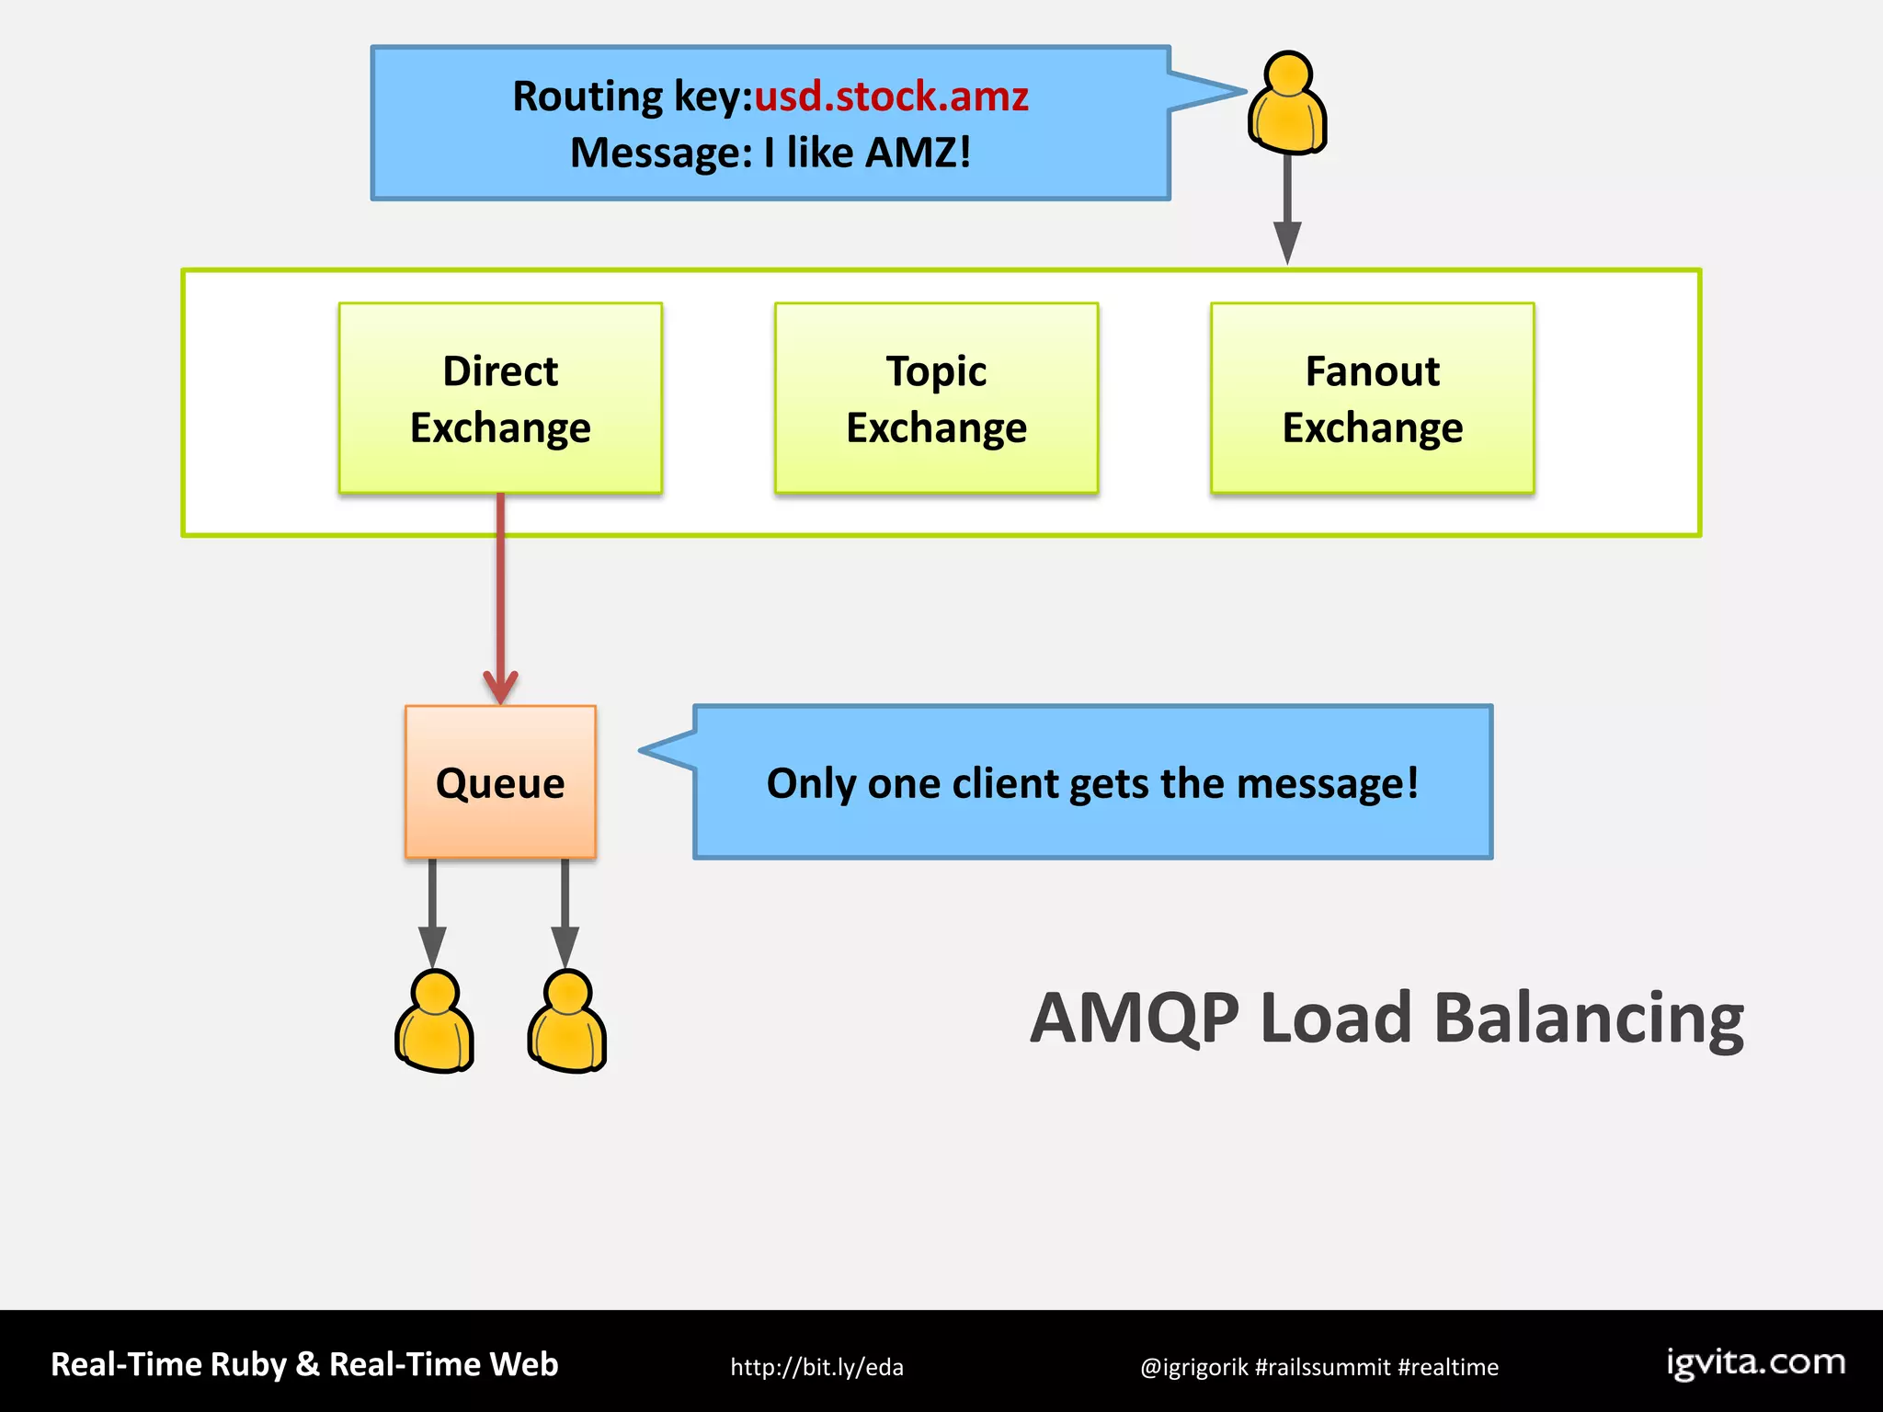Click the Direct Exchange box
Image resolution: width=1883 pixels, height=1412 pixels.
(500, 398)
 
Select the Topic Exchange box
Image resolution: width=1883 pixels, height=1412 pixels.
(936, 398)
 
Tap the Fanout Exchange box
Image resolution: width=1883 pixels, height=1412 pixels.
(1372, 398)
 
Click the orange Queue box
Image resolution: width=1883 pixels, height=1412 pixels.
(500, 782)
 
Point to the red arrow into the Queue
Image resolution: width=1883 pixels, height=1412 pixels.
(500, 598)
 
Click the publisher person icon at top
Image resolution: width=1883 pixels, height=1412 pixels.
(1287, 103)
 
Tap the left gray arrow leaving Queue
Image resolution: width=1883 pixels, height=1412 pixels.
(432, 910)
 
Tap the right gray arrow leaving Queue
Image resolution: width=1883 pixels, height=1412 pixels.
(565, 910)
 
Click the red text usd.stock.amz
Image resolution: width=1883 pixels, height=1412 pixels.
(891, 97)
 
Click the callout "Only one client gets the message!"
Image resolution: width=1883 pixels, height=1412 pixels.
(1092, 783)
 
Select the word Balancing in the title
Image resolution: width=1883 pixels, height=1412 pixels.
(1589, 1019)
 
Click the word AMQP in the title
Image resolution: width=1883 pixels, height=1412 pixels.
(1135, 1019)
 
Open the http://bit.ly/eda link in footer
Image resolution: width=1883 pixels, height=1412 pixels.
(816, 1367)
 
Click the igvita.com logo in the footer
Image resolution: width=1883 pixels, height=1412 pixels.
(1756, 1362)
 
